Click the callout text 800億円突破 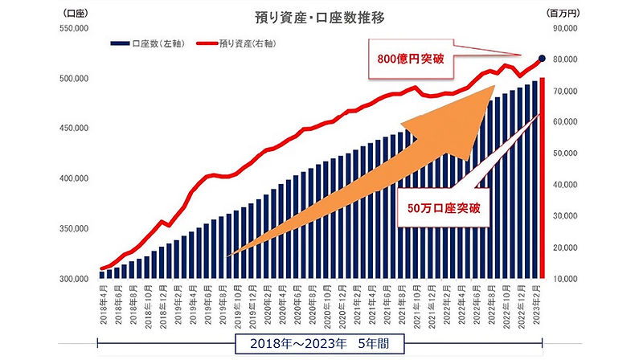412,59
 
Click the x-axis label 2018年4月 102,304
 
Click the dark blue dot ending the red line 542,58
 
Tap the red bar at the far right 543,177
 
